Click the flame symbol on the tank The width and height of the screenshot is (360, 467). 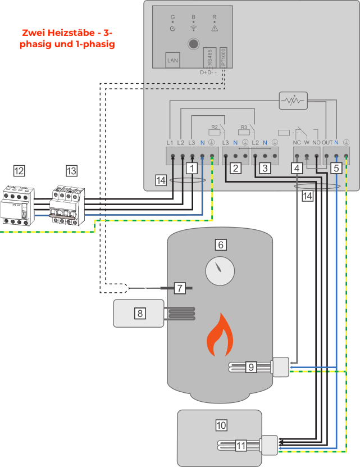(219, 338)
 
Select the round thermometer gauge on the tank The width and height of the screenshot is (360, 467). (220, 271)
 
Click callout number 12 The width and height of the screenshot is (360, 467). (19, 171)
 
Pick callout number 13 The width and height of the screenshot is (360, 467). (71, 171)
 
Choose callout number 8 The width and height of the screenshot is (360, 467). (139, 313)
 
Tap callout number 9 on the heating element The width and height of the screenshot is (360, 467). (252, 367)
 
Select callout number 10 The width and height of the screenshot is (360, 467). (221, 425)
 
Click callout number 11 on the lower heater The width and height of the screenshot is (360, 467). (240, 446)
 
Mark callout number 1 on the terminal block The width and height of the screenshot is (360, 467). (192, 167)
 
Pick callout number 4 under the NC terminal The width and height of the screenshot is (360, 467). (297, 167)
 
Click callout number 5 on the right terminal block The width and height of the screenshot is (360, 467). (335, 167)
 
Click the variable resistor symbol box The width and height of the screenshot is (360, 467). (293, 101)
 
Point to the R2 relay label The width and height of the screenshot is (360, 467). (214, 127)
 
